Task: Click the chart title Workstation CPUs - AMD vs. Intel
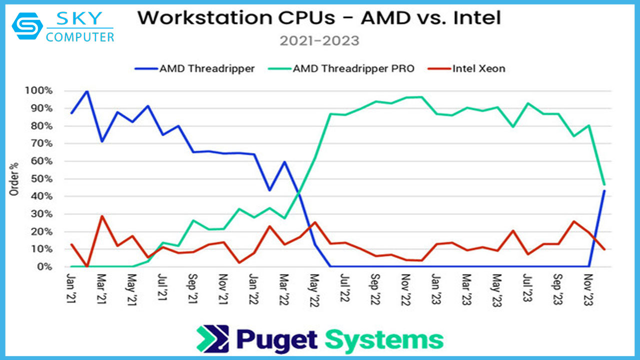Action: (319, 18)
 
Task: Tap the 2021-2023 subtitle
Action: (319, 40)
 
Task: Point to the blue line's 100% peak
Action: (87, 91)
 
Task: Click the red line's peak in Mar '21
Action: (102, 216)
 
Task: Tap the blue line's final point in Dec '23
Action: (604, 190)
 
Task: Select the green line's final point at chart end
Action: (604, 184)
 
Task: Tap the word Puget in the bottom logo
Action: (277, 339)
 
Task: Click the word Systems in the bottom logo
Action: (384, 339)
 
